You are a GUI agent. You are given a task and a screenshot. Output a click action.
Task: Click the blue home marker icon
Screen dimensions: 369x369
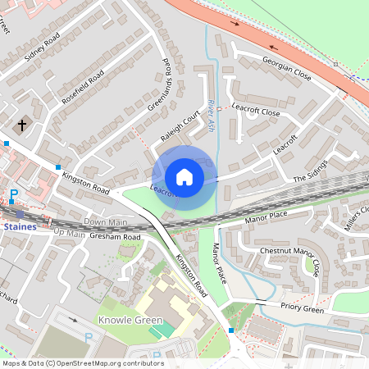click(184, 177)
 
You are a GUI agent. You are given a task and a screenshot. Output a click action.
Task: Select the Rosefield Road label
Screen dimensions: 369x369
click(83, 88)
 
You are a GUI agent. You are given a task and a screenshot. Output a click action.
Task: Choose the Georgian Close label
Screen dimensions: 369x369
click(286, 65)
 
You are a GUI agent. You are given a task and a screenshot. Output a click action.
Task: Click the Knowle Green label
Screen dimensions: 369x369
click(130, 320)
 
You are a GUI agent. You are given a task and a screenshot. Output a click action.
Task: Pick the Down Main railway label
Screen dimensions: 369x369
click(106, 222)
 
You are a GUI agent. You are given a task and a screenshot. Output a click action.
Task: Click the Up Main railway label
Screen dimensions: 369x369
click(70, 234)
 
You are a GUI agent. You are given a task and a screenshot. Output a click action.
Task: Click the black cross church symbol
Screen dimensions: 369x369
click(21, 125)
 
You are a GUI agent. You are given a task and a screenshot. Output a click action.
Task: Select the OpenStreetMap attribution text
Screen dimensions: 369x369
click(82, 363)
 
